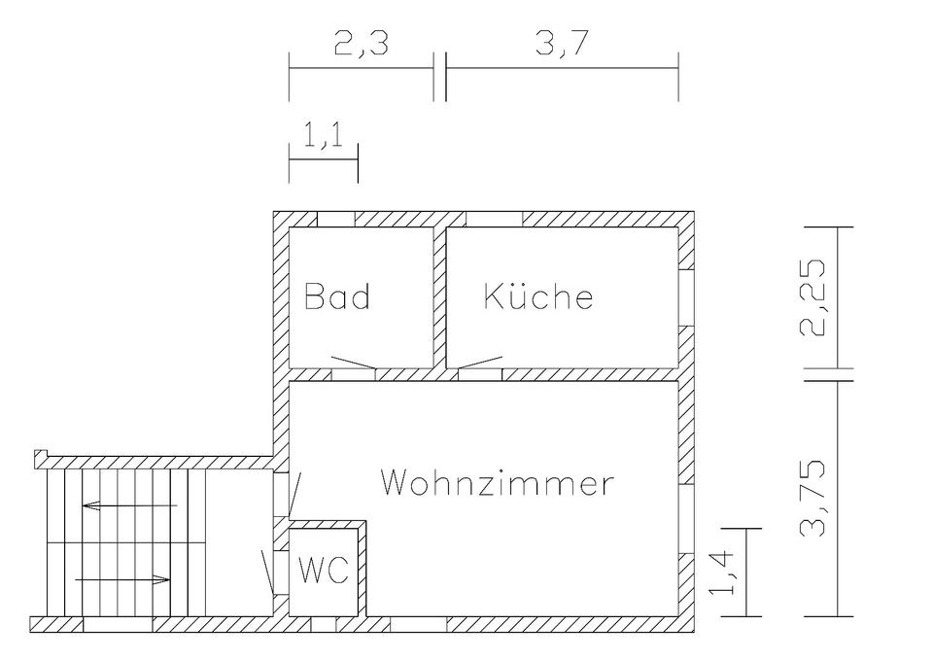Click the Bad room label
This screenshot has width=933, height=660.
(x=337, y=295)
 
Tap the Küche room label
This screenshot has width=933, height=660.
(x=538, y=295)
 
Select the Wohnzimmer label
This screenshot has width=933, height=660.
(x=498, y=482)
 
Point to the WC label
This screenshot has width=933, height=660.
(x=323, y=571)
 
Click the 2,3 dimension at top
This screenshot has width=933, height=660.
(x=361, y=46)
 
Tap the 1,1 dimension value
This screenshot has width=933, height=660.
(x=323, y=138)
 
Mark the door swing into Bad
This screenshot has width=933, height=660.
(x=354, y=363)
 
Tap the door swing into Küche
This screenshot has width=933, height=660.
(x=480, y=363)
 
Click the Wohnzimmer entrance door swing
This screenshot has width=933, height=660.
(x=296, y=494)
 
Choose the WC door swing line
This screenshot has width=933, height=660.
(x=267, y=573)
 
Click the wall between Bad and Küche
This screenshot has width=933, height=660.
(x=439, y=296)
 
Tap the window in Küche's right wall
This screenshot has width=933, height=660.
(x=687, y=296)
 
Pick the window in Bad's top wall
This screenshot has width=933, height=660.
(x=339, y=219)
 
